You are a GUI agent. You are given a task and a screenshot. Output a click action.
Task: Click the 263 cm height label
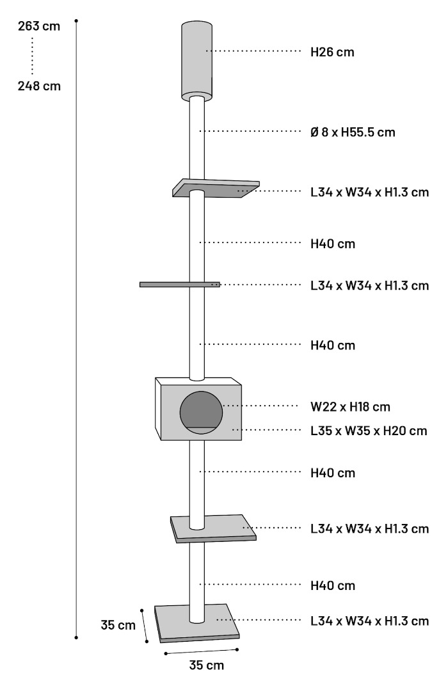pos(39,26)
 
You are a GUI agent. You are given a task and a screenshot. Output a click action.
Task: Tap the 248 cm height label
pos(39,86)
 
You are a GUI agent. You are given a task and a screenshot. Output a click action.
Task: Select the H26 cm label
pos(332,52)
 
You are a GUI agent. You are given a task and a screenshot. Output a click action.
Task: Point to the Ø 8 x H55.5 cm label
pos(353,132)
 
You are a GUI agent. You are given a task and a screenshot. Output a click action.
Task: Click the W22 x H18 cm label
pos(351,407)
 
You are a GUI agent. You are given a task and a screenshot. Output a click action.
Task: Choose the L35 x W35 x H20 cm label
pos(369,431)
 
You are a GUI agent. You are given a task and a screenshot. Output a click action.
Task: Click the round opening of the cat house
pos(201,413)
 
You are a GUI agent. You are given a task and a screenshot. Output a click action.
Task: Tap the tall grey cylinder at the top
pos(196,60)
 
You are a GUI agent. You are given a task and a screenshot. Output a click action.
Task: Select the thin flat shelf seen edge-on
pos(180,285)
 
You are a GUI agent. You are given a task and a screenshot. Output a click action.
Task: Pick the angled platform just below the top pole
pos(216,188)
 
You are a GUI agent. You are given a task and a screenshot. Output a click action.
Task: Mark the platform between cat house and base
pos(213,528)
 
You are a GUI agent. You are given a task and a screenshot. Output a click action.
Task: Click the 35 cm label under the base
pos(206,665)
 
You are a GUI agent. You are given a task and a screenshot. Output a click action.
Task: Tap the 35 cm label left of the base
pos(118,625)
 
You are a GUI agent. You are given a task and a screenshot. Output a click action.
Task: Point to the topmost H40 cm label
pos(333,244)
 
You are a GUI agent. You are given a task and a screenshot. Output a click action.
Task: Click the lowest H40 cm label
pos(333,585)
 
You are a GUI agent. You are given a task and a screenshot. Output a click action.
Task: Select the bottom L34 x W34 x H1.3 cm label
pos(369,621)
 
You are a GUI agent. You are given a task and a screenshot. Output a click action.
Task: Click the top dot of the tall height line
pos(76,20)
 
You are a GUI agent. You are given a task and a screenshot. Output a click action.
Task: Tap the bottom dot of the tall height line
pos(76,637)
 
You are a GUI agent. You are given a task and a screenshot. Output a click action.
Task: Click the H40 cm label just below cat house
pos(333,473)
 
